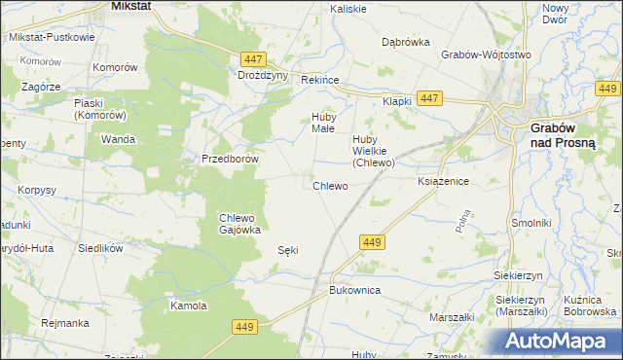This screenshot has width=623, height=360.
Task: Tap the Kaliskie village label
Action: [x=348, y=9]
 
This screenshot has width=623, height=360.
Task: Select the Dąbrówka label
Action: [x=406, y=42]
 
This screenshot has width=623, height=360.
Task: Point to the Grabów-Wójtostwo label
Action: [x=486, y=55]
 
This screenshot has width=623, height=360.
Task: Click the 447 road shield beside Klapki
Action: [x=429, y=98]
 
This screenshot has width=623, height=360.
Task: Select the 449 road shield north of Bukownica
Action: [x=371, y=241]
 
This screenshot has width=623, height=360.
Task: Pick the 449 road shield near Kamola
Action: [x=244, y=329]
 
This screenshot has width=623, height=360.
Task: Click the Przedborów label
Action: [x=229, y=159]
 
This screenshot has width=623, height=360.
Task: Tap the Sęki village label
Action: [x=287, y=250]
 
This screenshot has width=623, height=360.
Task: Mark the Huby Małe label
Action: [x=322, y=123]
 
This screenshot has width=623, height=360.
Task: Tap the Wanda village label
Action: [x=118, y=139]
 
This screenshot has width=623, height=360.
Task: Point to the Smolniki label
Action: [x=531, y=223]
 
